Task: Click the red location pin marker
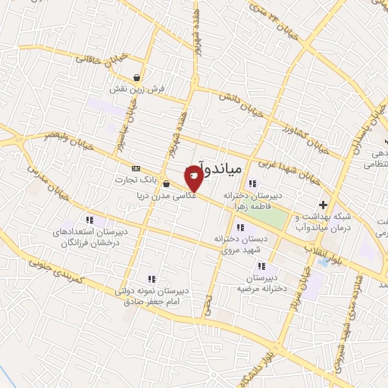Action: tap(194, 177)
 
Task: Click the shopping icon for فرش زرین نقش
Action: tap(136, 77)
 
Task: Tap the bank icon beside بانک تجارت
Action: tap(136, 168)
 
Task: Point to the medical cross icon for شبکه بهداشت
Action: tap(324, 205)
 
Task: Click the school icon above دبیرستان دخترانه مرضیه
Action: tap(261, 267)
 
